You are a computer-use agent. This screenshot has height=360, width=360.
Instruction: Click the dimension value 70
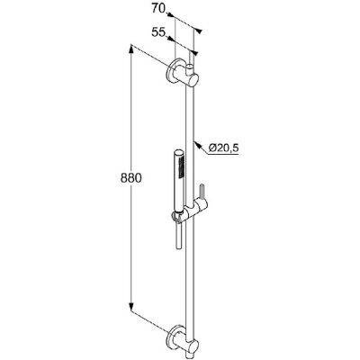157,8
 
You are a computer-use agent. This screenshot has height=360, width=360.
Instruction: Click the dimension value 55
157,32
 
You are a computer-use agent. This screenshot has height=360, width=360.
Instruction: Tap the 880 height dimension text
130,178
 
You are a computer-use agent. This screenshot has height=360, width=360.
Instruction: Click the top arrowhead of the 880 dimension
131,49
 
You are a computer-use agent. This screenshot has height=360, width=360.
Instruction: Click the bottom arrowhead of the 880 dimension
131,306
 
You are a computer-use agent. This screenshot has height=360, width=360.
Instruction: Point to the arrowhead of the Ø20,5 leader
196,144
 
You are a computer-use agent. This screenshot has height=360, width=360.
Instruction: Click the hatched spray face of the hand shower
182,167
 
